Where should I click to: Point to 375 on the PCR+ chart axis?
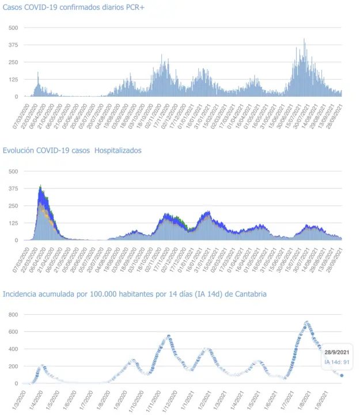13,45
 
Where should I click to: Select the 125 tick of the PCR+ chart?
13,80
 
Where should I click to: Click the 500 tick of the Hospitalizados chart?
13,171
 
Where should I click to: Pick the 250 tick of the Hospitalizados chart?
13,206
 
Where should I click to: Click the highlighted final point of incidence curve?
342,375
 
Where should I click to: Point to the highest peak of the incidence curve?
306,322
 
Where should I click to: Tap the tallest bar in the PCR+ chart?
304,39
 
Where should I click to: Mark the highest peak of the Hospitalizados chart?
40,186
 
